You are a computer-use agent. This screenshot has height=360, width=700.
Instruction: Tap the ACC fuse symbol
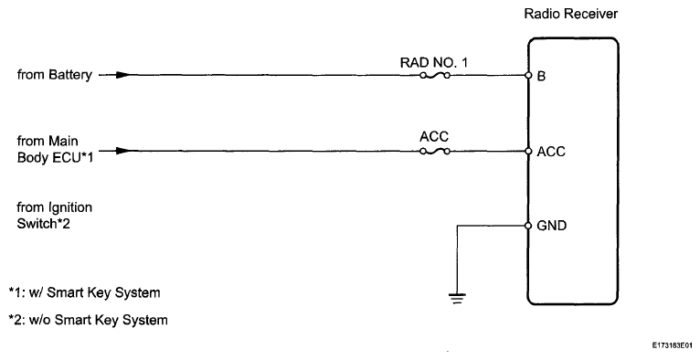tap(434, 151)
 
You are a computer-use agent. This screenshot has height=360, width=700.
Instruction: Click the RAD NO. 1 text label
tap(434, 61)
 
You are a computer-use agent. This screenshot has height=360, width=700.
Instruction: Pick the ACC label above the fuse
tap(434, 136)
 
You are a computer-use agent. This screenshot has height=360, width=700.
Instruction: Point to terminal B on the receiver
tap(542, 76)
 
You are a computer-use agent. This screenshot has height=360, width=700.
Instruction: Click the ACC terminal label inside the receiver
tap(551, 151)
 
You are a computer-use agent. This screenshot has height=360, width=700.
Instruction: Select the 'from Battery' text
tap(54, 76)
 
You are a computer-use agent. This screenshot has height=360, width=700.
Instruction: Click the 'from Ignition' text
tap(55, 207)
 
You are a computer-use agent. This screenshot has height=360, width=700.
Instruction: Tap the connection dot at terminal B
tap(528, 76)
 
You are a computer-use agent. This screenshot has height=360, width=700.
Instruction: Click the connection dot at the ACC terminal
tap(528, 151)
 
